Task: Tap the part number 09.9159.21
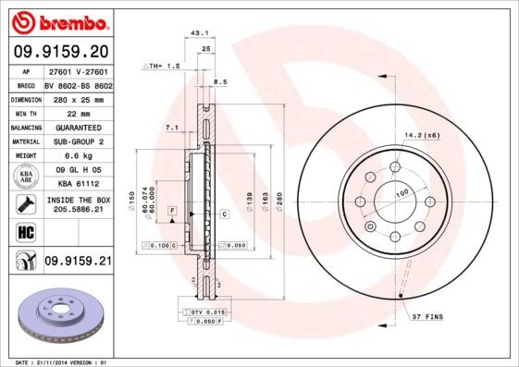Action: (x=77, y=262)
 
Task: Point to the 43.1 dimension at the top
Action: (x=197, y=34)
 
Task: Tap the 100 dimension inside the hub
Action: (x=402, y=193)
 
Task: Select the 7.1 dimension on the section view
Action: (x=170, y=127)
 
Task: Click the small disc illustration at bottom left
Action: (x=57, y=315)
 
